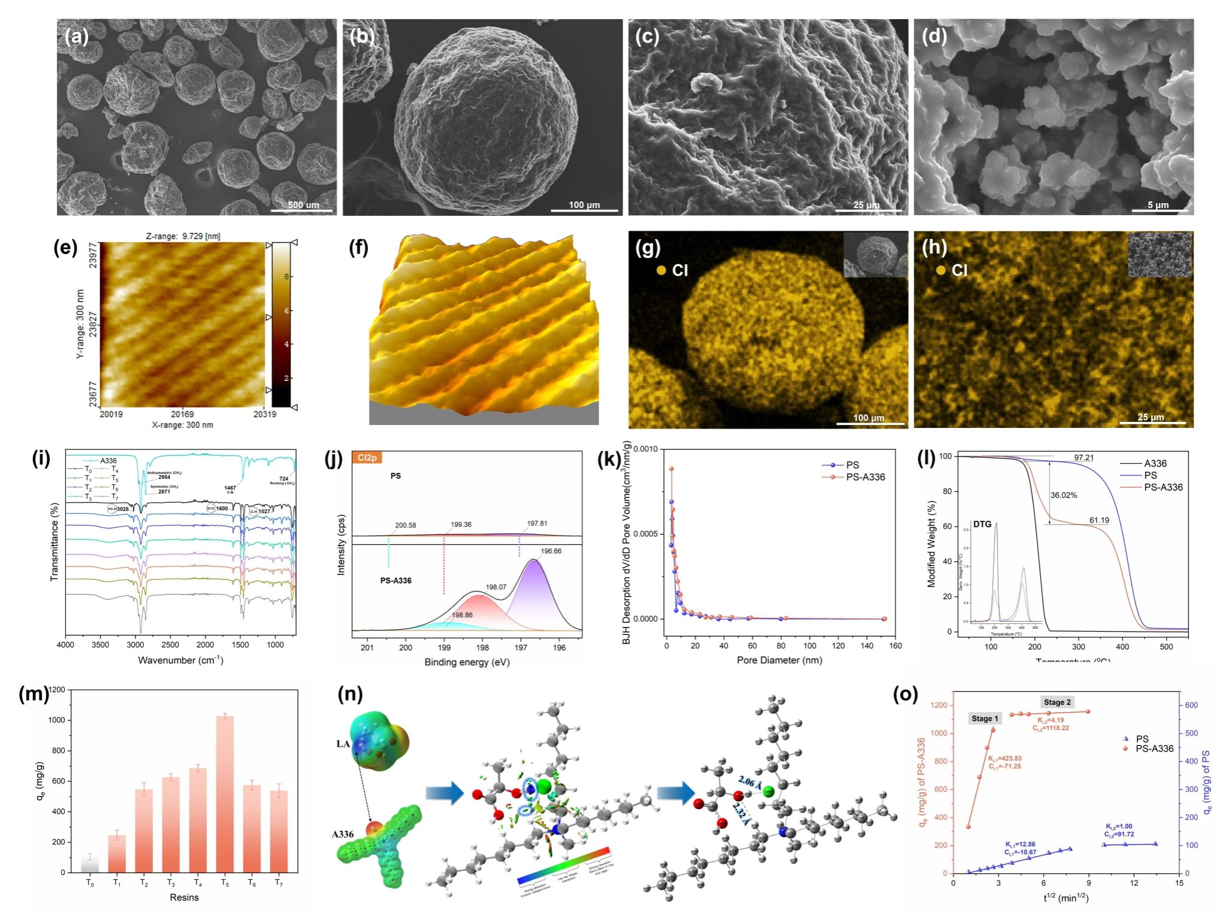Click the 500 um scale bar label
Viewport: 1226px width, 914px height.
[303, 205]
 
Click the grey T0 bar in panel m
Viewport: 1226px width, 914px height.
[90, 864]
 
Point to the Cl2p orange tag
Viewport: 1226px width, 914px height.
[367, 458]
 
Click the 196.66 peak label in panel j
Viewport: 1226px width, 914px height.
[551, 551]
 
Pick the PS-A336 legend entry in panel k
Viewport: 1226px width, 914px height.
[865, 477]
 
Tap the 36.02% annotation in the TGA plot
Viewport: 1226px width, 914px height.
[1064, 495]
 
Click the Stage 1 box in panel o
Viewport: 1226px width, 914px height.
[985, 718]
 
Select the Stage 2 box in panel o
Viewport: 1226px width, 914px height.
[1057, 702]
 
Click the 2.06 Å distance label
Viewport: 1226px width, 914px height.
[747, 782]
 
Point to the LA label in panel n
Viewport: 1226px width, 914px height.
[343, 744]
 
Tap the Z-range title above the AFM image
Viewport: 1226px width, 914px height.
[183, 236]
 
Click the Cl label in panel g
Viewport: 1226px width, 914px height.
[680, 270]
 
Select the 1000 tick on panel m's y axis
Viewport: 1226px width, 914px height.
[57, 720]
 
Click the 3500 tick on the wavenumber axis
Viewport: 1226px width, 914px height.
[100, 645]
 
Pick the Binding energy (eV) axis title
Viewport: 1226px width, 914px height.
[467, 662]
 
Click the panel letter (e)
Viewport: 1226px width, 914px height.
[65, 248]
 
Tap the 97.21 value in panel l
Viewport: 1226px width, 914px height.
[1083, 458]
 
